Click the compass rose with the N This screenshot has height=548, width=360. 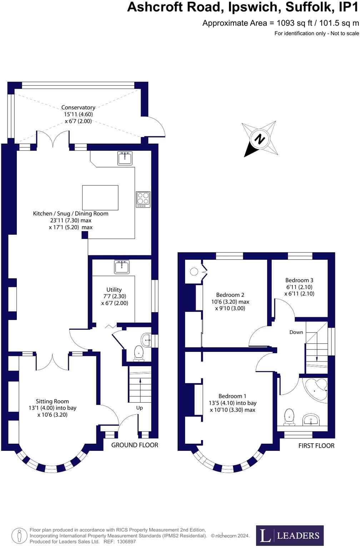pyautogui.click(x=260, y=139)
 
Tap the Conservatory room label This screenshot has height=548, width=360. pyautogui.click(x=78, y=108)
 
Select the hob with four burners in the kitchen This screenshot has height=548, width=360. pyautogui.click(x=143, y=199)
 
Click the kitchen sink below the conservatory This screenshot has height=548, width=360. pyautogui.click(x=125, y=158)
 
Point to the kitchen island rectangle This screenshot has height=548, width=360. pyautogui.click(x=100, y=198)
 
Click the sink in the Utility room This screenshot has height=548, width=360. pyautogui.click(x=122, y=267)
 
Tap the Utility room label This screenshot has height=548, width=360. pyautogui.click(x=114, y=290)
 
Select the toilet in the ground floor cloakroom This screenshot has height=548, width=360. pyautogui.click(x=138, y=353)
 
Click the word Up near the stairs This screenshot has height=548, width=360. pyautogui.click(x=139, y=408)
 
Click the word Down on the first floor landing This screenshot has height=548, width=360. pyautogui.click(x=296, y=332)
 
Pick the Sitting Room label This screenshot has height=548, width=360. pyautogui.click(x=52, y=402)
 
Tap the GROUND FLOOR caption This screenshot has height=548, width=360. pyautogui.click(x=135, y=445)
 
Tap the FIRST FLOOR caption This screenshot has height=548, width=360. pyautogui.click(x=316, y=446)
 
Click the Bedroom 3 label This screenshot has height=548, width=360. pyautogui.click(x=299, y=280)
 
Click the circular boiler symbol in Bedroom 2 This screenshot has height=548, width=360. pyautogui.click(x=194, y=272)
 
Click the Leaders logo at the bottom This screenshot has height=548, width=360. pyautogui.click(x=290, y=535)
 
